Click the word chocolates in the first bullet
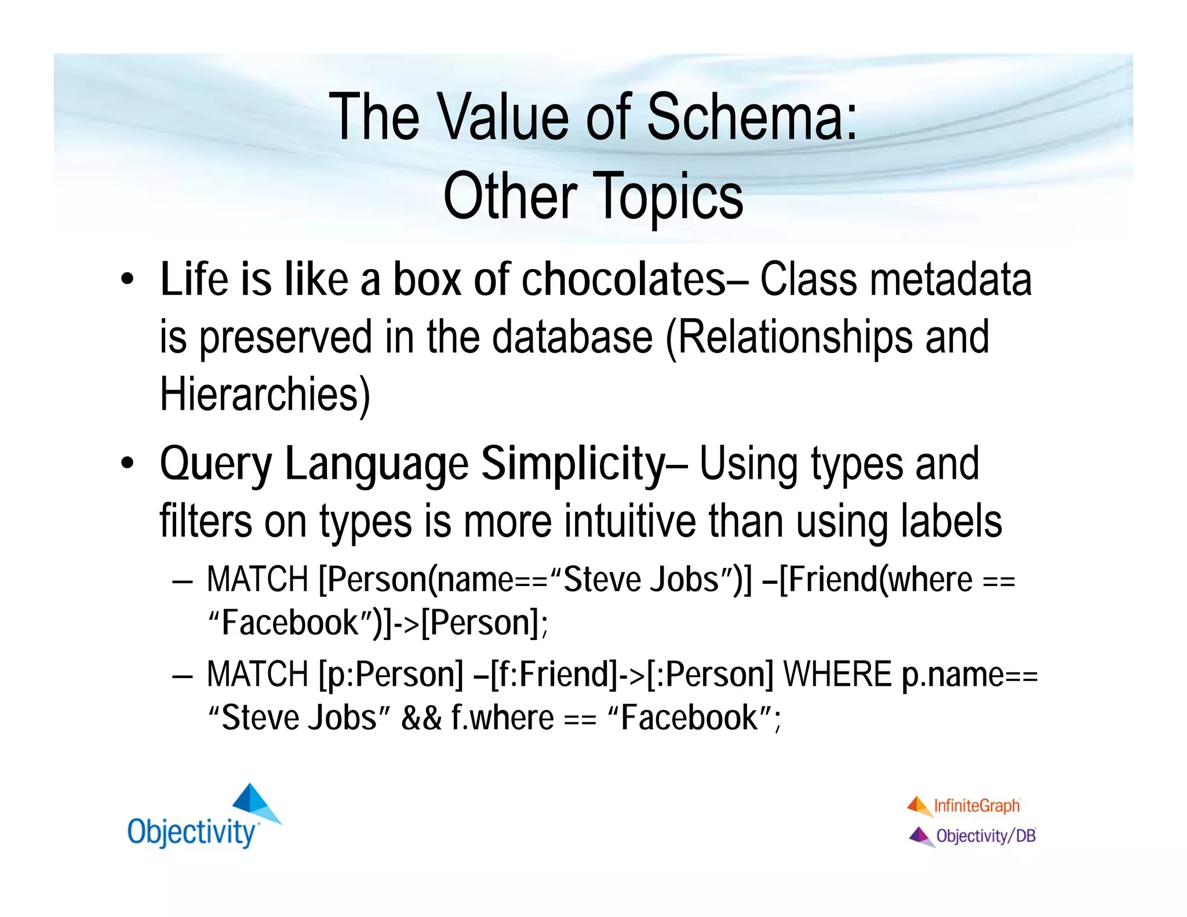(x=623, y=280)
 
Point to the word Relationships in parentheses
(x=793, y=338)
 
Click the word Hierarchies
(x=264, y=395)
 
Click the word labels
(x=951, y=521)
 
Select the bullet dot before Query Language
(x=128, y=464)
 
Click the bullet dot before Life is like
(x=128, y=281)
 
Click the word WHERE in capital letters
(x=837, y=675)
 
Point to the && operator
(x=421, y=718)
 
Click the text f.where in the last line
(x=503, y=718)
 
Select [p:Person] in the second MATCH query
(x=391, y=675)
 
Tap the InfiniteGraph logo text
(x=977, y=806)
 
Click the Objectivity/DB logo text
(x=985, y=836)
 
